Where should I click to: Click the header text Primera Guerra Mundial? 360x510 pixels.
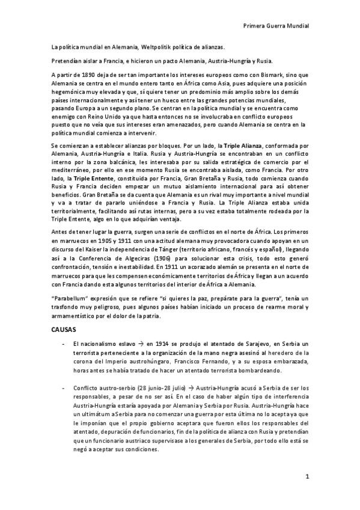point(276,26)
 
